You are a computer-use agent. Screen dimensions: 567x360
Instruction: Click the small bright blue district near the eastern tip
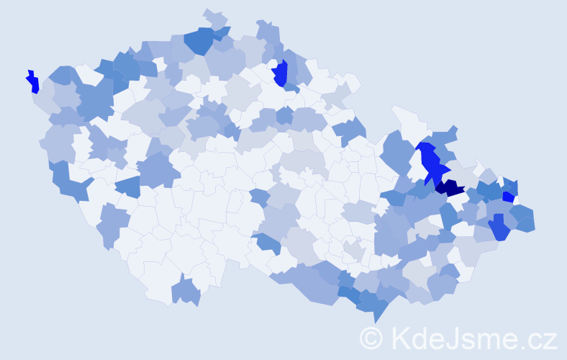pos(508,197)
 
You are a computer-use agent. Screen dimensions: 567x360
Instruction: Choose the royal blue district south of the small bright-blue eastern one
pos(498,228)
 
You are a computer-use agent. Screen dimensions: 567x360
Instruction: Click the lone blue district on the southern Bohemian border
pos(186,292)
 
